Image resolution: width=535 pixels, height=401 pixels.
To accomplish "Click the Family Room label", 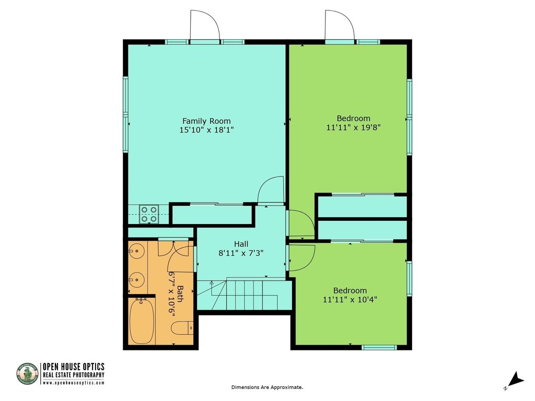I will pyautogui.click(x=206, y=121).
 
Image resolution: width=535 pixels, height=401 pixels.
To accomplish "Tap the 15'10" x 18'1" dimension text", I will pyautogui.click(x=206, y=130).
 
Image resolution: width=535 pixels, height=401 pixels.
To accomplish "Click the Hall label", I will pyautogui.click(x=241, y=244).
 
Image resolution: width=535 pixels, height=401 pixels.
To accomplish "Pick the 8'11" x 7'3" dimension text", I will pyautogui.click(x=241, y=253).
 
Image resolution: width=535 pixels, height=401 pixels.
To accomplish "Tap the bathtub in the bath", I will pyautogui.click(x=141, y=321).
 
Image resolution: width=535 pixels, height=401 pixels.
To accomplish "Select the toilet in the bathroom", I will pyautogui.click(x=183, y=328).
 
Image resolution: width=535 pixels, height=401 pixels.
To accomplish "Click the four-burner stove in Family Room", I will pyautogui.click(x=149, y=214).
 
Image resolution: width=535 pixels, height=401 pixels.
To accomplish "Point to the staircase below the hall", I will pyautogui.click(x=251, y=295).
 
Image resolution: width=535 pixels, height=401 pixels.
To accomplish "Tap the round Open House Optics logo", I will pyautogui.click(x=28, y=374).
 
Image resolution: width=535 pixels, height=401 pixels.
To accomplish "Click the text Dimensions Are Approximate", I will pyautogui.click(x=267, y=387).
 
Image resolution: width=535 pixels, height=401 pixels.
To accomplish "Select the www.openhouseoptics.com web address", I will pyautogui.click(x=73, y=383).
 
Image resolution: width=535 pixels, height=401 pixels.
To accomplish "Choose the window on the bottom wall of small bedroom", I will pyautogui.click(x=379, y=347).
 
